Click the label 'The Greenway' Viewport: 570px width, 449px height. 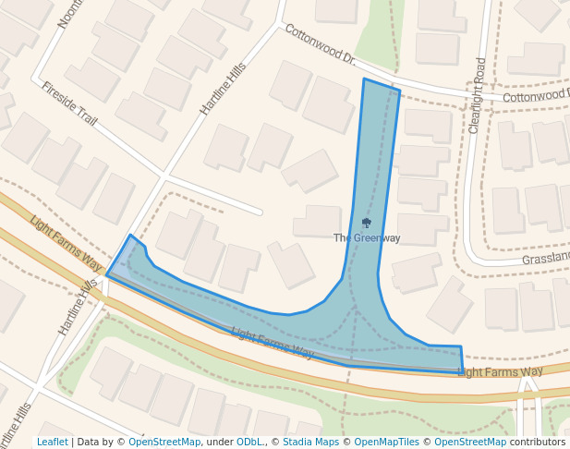click(x=367, y=238)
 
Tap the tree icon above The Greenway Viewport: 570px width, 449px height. click(x=367, y=224)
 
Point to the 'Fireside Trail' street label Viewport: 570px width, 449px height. click(x=69, y=103)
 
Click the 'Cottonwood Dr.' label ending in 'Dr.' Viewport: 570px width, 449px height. click(x=320, y=45)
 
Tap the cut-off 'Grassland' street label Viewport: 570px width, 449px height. click(x=545, y=259)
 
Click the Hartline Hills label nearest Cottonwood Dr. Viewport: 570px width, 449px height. click(x=224, y=83)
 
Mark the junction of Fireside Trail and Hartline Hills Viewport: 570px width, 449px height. click(x=163, y=173)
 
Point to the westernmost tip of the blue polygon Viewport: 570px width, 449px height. click(x=107, y=274)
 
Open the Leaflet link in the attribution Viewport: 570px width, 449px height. click(x=52, y=443)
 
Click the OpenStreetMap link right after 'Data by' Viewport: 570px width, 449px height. click(x=164, y=443)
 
